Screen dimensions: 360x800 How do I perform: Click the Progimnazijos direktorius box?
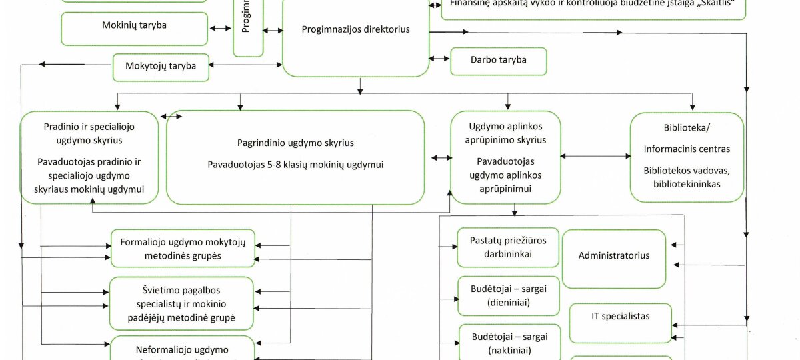point(355,30)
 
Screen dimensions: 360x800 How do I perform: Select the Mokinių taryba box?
point(134,26)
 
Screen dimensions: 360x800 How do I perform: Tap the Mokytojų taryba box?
point(161,66)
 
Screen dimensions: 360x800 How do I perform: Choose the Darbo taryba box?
point(499,60)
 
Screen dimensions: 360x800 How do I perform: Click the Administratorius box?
point(614,256)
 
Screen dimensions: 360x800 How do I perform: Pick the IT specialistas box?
point(620,317)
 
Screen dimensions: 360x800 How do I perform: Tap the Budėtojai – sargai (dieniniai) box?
point(508,296)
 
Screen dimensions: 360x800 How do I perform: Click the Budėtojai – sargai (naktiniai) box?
point(508,343)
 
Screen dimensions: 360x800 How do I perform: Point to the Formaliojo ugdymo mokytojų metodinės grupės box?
point(183,249)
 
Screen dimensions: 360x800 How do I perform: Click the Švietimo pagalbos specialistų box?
point(182,304)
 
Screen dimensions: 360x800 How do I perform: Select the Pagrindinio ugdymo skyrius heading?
point(295,143)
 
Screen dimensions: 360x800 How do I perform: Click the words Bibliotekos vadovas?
point(687,171)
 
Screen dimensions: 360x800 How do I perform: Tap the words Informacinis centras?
point(687,149)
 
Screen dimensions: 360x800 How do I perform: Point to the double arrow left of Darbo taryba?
point(439,59)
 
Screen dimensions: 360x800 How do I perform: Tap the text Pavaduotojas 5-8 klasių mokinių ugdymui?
point(295,165)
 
